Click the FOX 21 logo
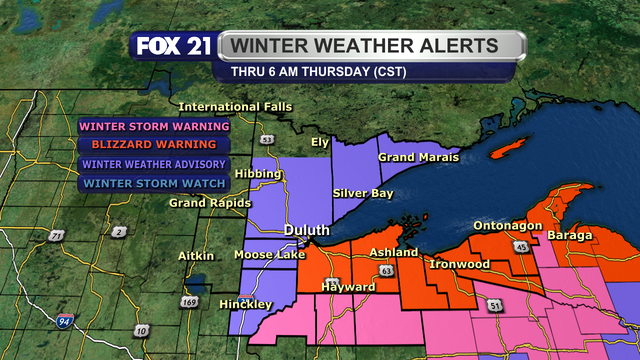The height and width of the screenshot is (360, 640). (172, 47)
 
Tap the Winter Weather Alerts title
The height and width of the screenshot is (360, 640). (372, 46)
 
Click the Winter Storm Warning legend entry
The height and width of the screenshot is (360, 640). (154, 127)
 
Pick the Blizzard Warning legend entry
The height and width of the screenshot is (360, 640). (154, 145)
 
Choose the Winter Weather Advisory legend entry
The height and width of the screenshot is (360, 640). (154, 164)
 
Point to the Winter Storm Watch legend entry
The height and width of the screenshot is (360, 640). (154, 183)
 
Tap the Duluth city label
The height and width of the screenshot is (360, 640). (306, 230)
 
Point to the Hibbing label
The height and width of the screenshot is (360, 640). (258, 174)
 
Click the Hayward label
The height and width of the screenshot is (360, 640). (348, 287)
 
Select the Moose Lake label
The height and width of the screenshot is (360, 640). (263, 255)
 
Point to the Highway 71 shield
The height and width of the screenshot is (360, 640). (57, 235)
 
